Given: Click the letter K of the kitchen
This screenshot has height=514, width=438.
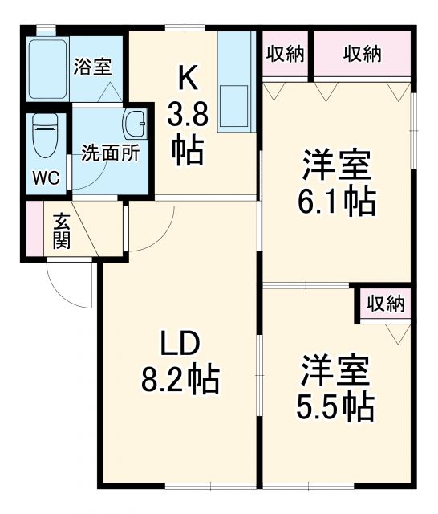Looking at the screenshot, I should click(x=187, y=80).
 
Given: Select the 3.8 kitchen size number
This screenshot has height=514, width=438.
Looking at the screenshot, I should click(x=188, y=116).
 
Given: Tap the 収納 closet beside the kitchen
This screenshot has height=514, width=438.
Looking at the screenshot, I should click(x=285, y=55).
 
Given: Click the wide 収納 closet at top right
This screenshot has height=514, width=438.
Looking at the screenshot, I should click(x=362, y=55).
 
